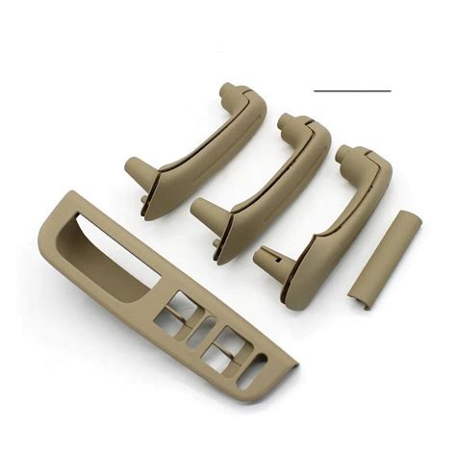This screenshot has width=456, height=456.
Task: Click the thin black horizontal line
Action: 352,90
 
